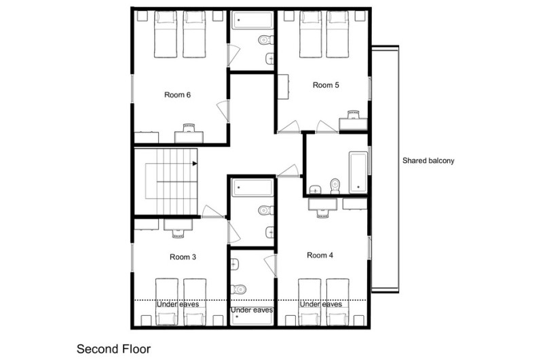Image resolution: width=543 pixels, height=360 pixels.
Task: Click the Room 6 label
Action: [x=177, y=94]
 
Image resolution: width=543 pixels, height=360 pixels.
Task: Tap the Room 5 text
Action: [x=326, y=85]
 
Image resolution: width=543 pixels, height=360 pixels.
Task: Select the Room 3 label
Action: [x=183, y=257]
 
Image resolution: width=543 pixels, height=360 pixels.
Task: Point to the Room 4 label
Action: [x=320, y=255]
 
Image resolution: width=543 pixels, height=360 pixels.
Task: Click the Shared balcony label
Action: [x=428, y=161]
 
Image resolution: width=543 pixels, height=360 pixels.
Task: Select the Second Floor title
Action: [x=113, y=349]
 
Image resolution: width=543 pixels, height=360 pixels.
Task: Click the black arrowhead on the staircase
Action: [x=195, y=163]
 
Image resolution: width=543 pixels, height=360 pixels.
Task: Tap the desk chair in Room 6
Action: [x=189, y=128]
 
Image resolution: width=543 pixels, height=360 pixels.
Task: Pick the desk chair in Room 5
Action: [x=353, y=115]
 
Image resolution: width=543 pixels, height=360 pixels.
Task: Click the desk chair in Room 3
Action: [x=178, y=233]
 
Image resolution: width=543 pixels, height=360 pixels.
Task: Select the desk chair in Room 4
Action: [x=322, y=213]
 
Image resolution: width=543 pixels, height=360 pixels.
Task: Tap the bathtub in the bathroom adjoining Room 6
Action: [x=252, y=20]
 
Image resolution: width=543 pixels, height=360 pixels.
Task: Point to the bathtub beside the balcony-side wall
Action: [x=358, y=173]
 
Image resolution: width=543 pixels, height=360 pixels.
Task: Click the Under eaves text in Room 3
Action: [x=178, y=304]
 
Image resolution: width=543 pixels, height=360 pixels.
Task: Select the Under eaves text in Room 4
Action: [x=320, y=304]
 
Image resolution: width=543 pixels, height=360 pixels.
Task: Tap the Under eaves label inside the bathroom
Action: [x=252, y=310]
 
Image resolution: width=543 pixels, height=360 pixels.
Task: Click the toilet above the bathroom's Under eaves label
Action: [x=239, y=289]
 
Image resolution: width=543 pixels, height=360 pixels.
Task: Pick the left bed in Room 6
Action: [x=166, y=35]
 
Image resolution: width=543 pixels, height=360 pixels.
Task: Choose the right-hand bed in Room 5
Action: [x=337, y=35]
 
